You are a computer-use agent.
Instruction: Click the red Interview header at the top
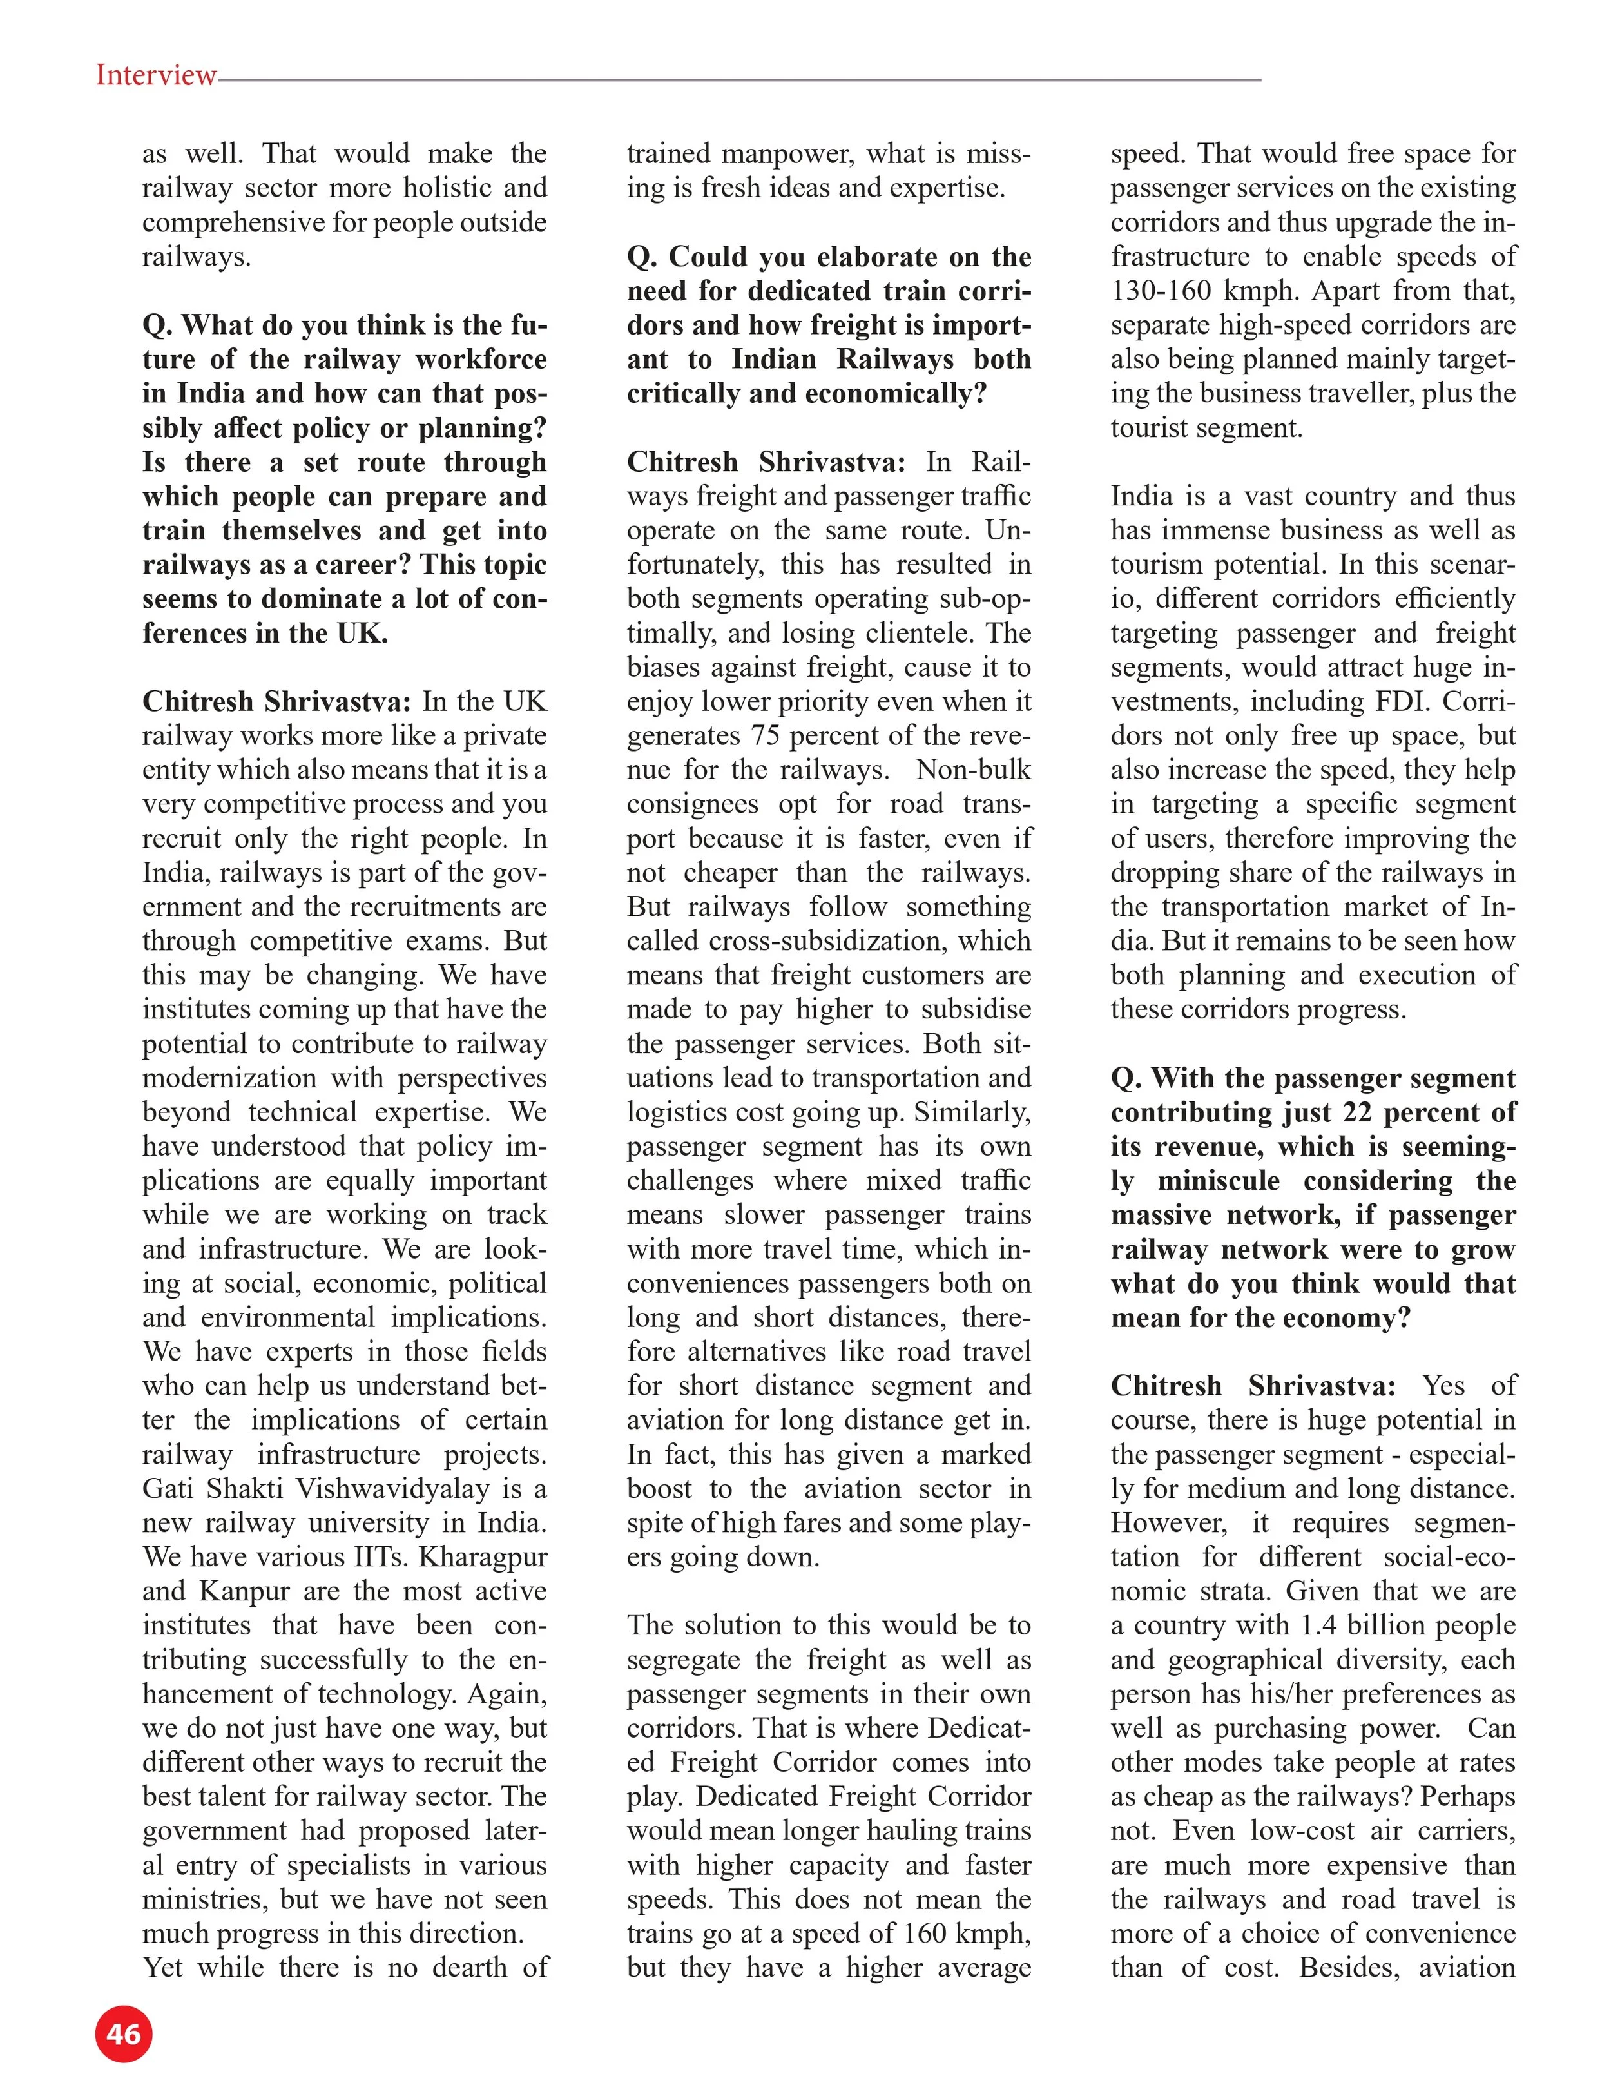pos(155,75)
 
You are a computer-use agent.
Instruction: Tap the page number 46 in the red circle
pos(124,2033)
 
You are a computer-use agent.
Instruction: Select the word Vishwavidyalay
pos(409,1488)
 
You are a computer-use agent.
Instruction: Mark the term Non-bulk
pos(974,770)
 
